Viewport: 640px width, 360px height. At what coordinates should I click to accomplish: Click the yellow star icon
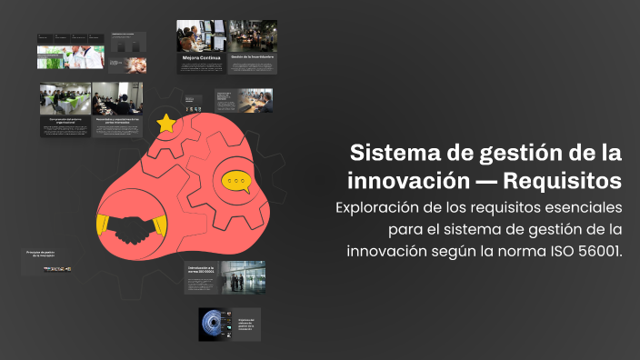(166, 122)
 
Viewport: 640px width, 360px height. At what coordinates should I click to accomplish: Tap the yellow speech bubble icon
(237, 183)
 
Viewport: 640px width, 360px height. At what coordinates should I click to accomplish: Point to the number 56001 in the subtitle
(596, 251)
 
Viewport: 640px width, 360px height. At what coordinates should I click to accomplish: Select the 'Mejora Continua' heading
(201, 57)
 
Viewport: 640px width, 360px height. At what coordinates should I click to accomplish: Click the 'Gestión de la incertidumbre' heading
(253, 57)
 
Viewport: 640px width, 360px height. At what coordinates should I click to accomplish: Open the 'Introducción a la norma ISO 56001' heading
(200, 270)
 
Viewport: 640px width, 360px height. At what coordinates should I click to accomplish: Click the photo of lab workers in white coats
(71, 56)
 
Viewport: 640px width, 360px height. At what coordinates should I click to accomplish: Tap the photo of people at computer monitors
(201, 35)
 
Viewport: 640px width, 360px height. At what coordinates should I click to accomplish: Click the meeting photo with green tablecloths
(65, 98)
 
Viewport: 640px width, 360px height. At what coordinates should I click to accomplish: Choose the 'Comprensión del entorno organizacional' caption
(65, 119)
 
